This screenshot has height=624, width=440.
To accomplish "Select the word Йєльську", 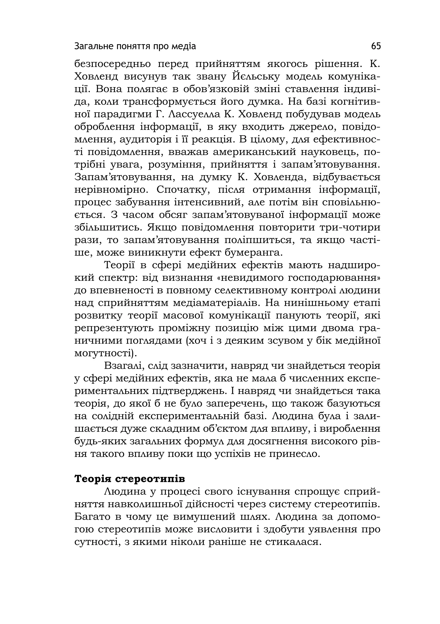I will [x=256, y=77].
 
